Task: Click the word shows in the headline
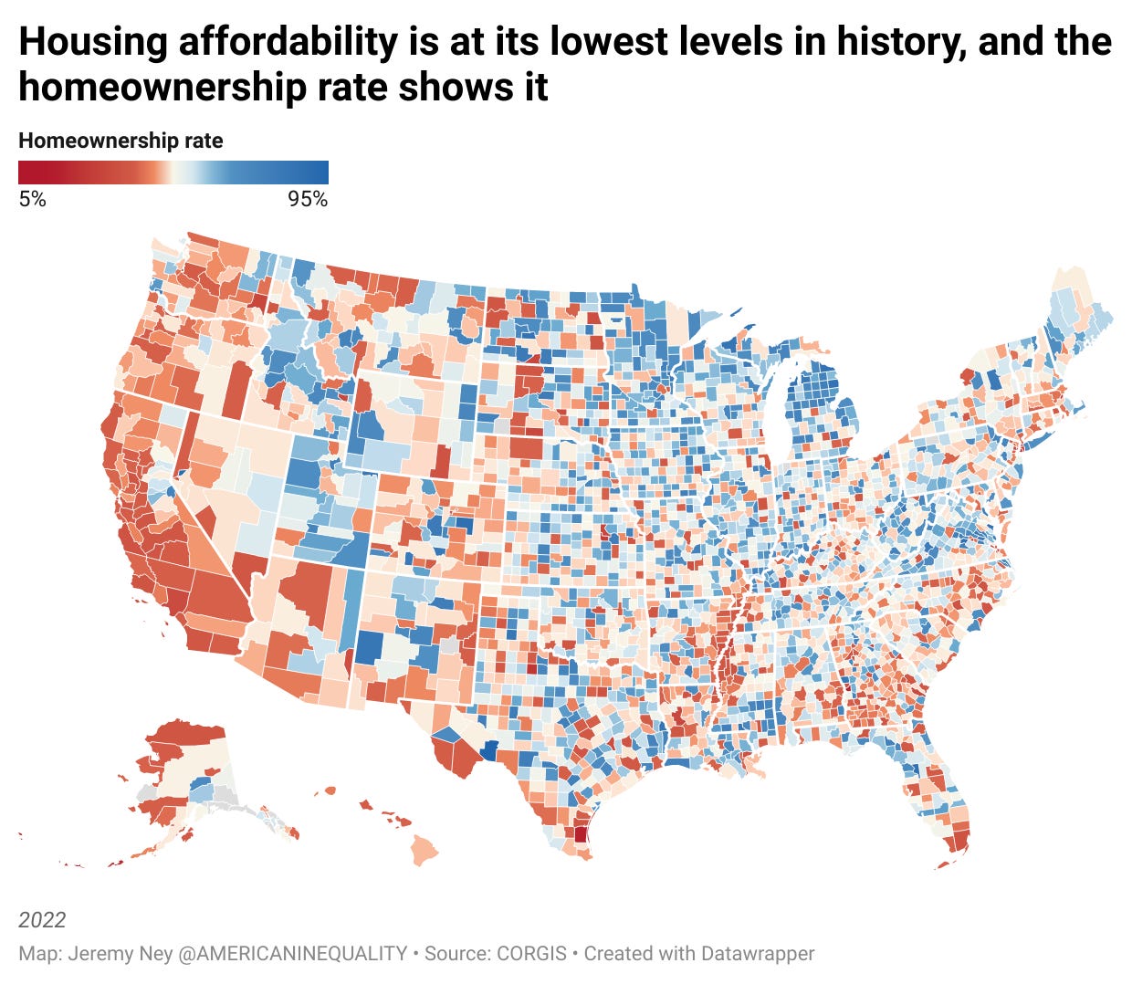(435, 88)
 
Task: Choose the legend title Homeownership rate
(121, 141)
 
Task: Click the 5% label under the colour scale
(32, 199)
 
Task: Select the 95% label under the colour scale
(308, 199)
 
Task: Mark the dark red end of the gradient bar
(25, 173)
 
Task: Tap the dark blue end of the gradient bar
(322, 173)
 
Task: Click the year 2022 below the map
(42, 919)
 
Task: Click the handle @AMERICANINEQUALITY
(292, 954)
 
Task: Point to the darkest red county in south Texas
(580, 832)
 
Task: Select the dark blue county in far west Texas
(489, 750)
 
